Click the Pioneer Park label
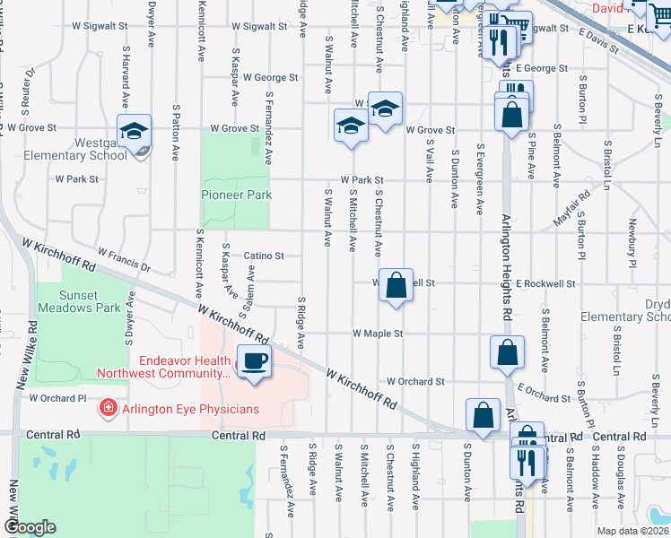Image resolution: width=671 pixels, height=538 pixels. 235,195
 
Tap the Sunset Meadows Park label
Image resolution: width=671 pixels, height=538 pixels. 77,301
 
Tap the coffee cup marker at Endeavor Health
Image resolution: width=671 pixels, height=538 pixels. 253,361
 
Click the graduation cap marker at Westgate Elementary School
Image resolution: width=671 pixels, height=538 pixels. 134,131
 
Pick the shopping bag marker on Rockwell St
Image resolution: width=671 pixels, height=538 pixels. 396,286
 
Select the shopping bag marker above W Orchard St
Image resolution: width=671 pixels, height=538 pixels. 507,352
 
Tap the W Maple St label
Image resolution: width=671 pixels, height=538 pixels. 378,334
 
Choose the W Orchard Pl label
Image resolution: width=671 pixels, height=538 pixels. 57,397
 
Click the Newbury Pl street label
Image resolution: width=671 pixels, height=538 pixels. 632,242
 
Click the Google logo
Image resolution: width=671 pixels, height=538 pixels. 30,527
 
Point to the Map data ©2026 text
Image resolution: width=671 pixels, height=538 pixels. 632,531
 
